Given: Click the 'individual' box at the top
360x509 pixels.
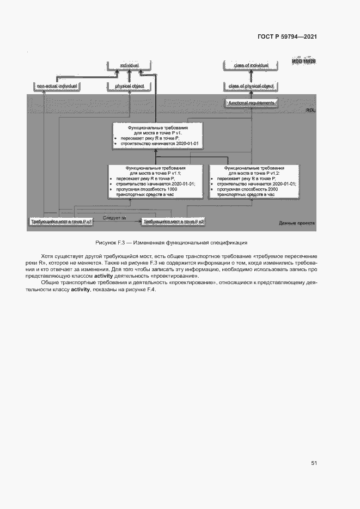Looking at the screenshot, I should (130, 65).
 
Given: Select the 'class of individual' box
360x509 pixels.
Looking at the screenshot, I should (251, 65).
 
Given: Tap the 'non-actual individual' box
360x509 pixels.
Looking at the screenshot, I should (57, 86).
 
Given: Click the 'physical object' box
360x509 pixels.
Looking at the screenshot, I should (130, 86).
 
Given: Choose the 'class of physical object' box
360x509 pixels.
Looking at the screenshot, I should (251, 86).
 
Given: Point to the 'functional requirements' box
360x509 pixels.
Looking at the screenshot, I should (251, 102).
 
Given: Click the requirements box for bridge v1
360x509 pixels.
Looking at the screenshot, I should (157, 135).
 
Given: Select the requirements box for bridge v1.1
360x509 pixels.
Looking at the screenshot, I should (155, 181).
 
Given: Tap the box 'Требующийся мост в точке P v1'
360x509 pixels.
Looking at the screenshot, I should (61, 222).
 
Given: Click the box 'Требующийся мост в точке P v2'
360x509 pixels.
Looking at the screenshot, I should (173, 222).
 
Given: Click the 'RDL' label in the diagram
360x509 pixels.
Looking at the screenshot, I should (310, 111).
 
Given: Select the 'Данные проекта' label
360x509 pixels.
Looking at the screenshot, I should (297, 223).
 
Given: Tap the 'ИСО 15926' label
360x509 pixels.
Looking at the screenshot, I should (303, 62).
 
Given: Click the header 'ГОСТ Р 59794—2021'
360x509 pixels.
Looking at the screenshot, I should (287, 36).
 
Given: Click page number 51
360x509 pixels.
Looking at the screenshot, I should (314, 463).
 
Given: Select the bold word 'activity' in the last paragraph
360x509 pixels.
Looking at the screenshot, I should (80, 289).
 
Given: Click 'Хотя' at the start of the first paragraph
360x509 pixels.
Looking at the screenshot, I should (47, 256).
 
